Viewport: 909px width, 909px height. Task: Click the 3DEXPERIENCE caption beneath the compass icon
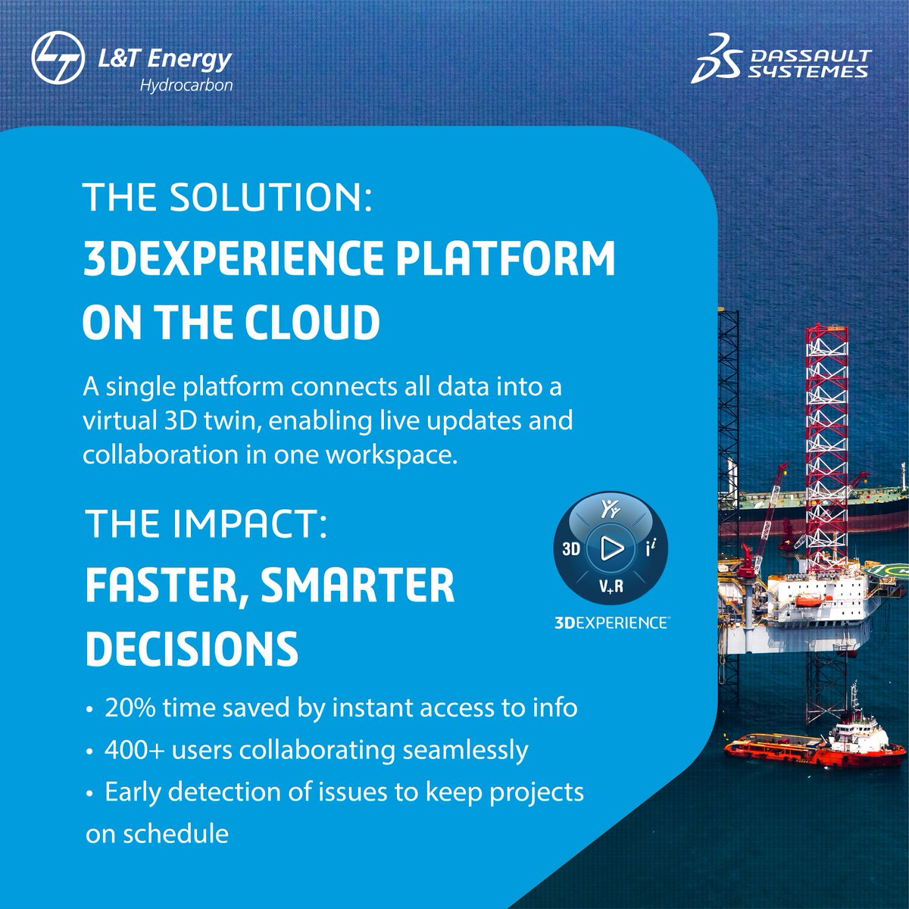point(611,622)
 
